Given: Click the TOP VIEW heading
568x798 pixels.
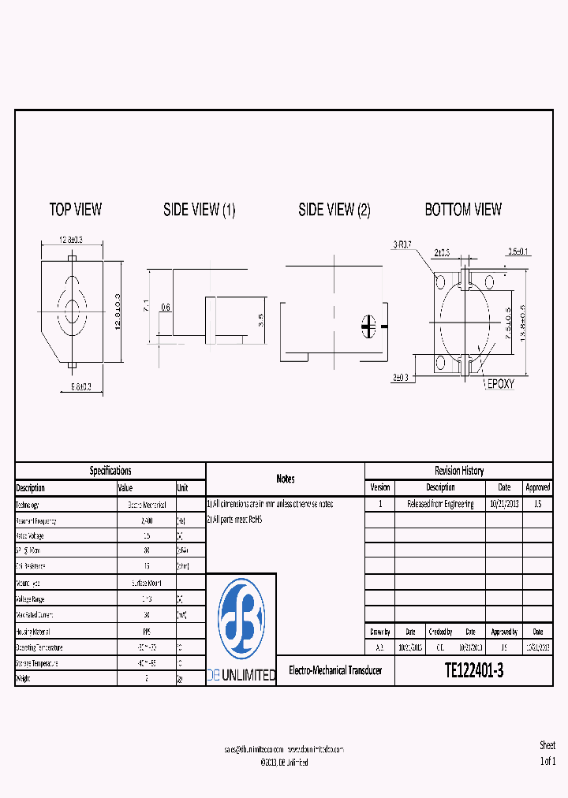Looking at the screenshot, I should point(76,210).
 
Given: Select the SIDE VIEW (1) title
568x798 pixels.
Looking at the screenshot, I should point(199,211).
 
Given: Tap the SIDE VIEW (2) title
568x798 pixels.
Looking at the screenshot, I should point(334,211).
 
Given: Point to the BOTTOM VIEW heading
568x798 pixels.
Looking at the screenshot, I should point(463,210).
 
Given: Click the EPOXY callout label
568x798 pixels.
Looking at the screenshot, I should point(500,383).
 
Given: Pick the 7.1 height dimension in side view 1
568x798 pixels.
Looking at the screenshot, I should point(146,306).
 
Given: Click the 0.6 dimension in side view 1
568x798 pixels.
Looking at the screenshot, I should point(166,308).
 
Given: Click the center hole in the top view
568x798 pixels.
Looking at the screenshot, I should point(72,310).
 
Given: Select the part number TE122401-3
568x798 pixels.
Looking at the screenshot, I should point(474,670).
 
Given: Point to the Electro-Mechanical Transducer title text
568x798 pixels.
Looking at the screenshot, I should point(334,670).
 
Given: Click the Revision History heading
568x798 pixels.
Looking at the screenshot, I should point(459,471).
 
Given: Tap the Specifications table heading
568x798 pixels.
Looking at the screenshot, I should point(110,471).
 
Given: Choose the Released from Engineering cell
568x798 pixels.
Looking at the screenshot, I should point(440,504).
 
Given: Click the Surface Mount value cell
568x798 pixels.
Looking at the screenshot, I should point(146,584).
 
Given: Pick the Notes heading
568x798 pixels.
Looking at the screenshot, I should point(286,479).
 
